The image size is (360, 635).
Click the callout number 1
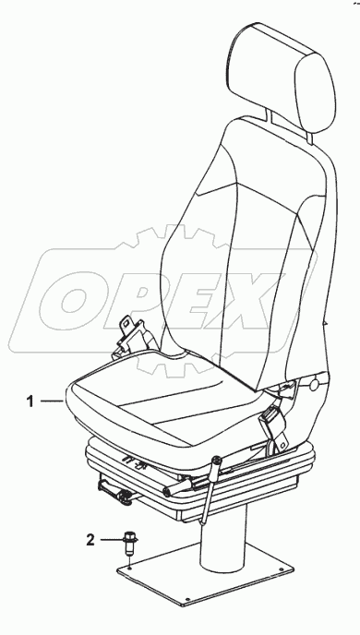point(30,401)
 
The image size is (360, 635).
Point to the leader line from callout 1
point(51,401)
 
